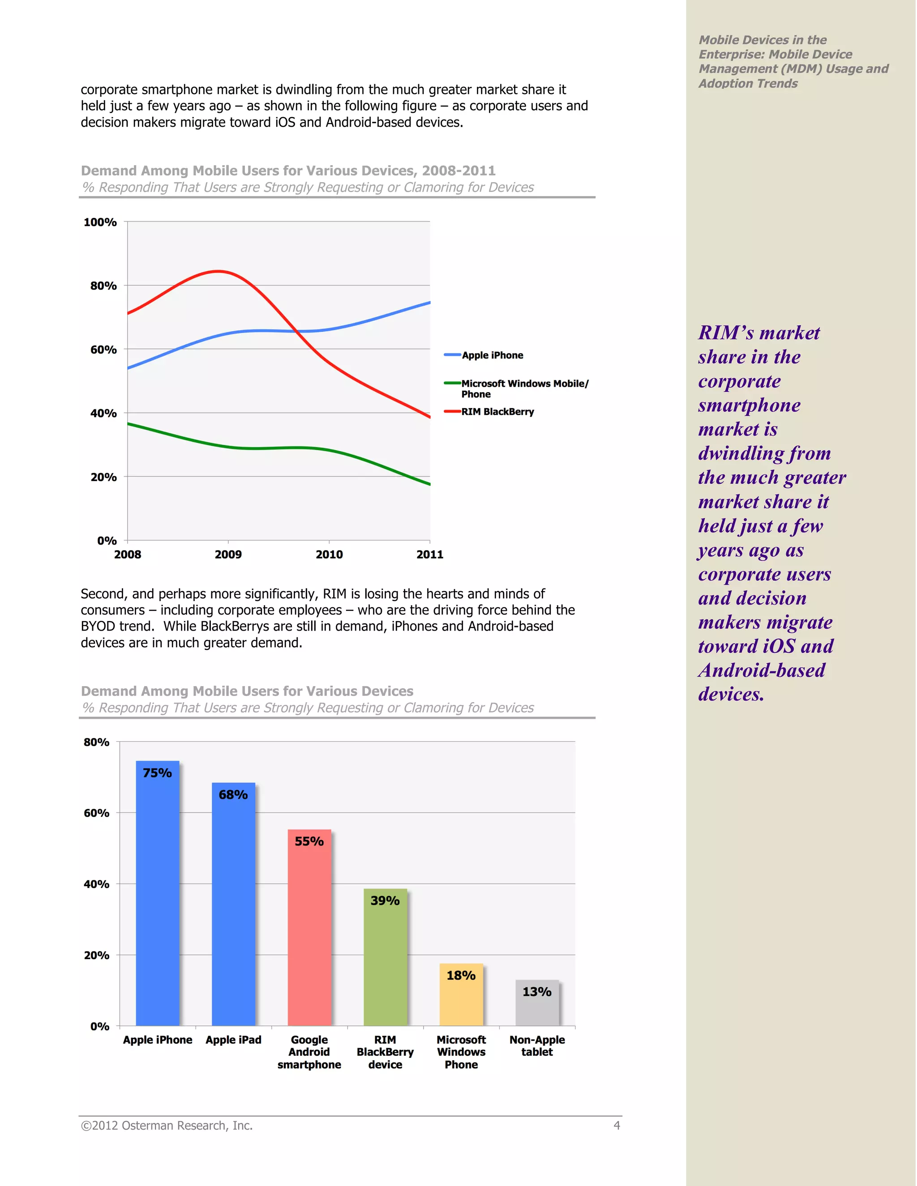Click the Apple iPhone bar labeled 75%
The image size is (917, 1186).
click(x=158, y=896)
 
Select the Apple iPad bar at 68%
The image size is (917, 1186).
click(x=234, y=907)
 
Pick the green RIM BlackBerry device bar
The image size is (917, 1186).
click(x=385, y=961)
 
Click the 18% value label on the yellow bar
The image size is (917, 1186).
click(x=461, y=975)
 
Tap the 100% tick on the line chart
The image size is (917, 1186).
click(x=100, y=222)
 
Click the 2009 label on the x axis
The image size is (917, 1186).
click(x=228, y=555)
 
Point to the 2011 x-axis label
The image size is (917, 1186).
click(x=430, y=555)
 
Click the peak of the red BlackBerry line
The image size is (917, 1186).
click(x=218, y=271)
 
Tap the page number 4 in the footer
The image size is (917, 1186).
click(x=617, y=1126)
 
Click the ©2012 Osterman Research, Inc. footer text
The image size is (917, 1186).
click(x=167, y=1126)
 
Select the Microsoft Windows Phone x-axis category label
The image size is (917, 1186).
click(x=461, y=1052)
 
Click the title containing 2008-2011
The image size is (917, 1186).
click(x=288, y=171)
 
